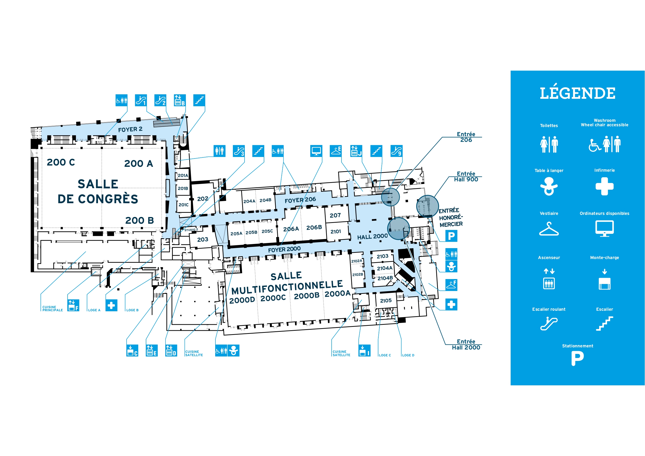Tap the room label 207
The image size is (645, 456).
[335, 215]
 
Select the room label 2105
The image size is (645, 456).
[386, 301]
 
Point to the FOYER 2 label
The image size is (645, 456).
[130, 129]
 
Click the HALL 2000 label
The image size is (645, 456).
[372, 236]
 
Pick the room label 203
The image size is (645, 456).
[202, 239]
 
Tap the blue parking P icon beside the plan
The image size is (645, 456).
[451, 236]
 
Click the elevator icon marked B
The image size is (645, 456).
[180, 100]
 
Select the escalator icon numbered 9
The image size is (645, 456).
[396, 151]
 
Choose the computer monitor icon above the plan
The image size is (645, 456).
[316, 151]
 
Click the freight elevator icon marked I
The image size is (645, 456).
[364, 350]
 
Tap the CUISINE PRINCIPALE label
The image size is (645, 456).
[52, 308]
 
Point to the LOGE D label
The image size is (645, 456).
[408, 355]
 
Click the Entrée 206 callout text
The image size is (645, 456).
[466, 137]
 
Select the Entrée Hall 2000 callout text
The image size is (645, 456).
[466, 345]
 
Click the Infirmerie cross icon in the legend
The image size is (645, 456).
[604, 186]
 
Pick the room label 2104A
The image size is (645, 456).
[385, 268]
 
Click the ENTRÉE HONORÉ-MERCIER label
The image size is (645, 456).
[451, 217]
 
